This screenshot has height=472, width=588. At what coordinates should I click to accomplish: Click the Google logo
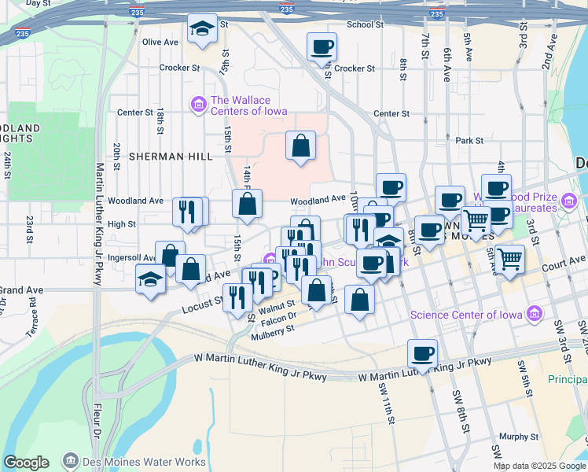pyautogui.click(x=26, y=463)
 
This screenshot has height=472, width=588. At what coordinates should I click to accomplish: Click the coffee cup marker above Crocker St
pyautogui.click(x=322, y=47)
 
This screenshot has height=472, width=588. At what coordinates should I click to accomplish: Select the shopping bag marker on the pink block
pyautogui.click(x=300, y=146)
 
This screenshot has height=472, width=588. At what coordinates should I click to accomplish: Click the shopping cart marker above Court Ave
pyautogui.click(x=510, y=258)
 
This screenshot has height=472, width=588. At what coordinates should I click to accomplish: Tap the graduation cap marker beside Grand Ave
pyautogui.click(x=150, y=279)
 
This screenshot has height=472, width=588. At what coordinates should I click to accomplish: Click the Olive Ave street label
pyautogui.click(x=160, y=42)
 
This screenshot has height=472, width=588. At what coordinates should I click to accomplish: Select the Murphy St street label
pyautogui.click(x=518, y=437)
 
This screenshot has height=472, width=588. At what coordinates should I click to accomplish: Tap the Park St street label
pyautogui.click(x=469, y=140)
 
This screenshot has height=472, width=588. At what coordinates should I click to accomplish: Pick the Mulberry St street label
pyautogui.click(x=272, y=328)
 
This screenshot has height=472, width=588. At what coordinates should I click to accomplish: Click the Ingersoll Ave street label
pyautogui.click(x=130, y=257)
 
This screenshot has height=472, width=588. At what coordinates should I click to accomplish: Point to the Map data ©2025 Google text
pyautogui.click(x=539, y=466)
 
